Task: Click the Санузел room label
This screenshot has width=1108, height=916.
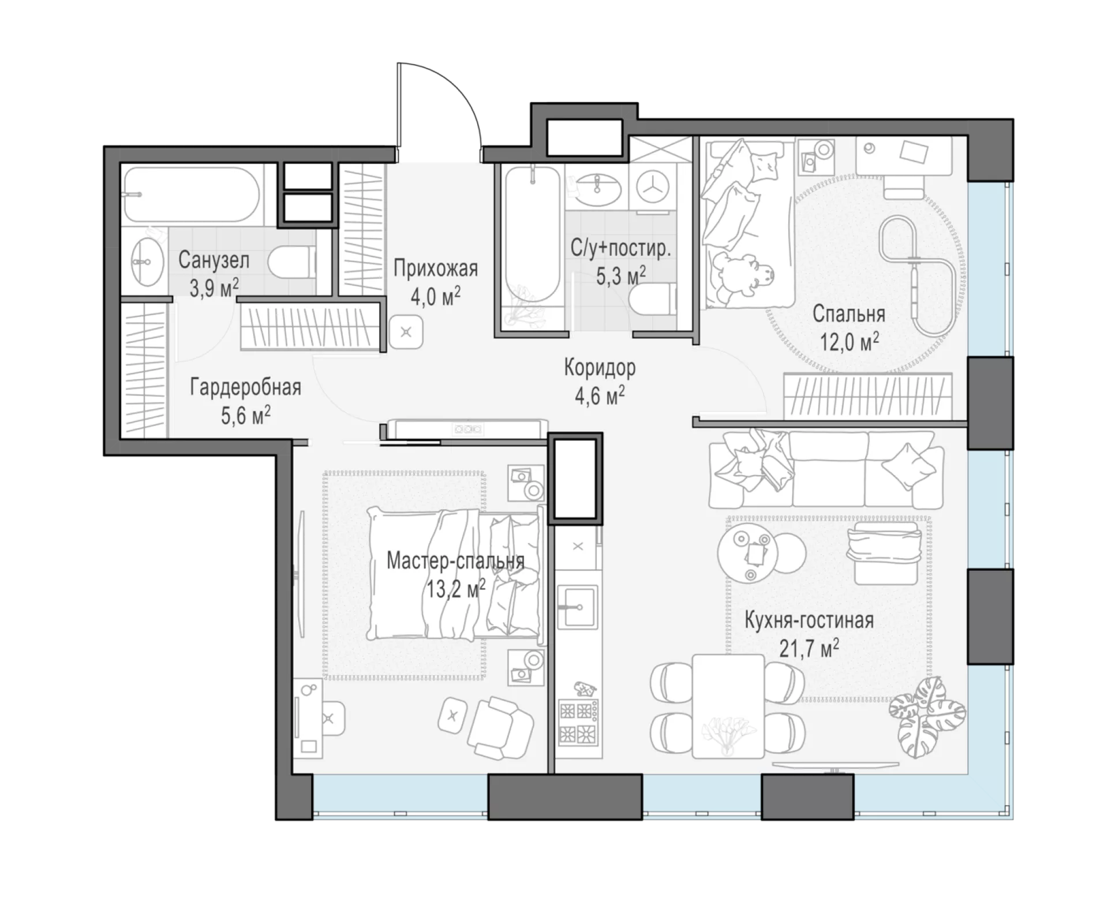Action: [214, 260]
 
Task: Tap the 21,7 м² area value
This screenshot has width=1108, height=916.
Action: [809, 648]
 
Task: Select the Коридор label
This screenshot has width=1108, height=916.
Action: [600, 367]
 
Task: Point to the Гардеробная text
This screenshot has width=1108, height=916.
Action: [246, 387]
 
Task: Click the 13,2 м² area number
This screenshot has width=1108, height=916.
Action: [456, 589]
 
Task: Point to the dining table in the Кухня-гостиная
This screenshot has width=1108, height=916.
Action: [728, 705]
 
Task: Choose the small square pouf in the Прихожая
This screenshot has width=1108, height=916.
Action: [406, 332]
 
